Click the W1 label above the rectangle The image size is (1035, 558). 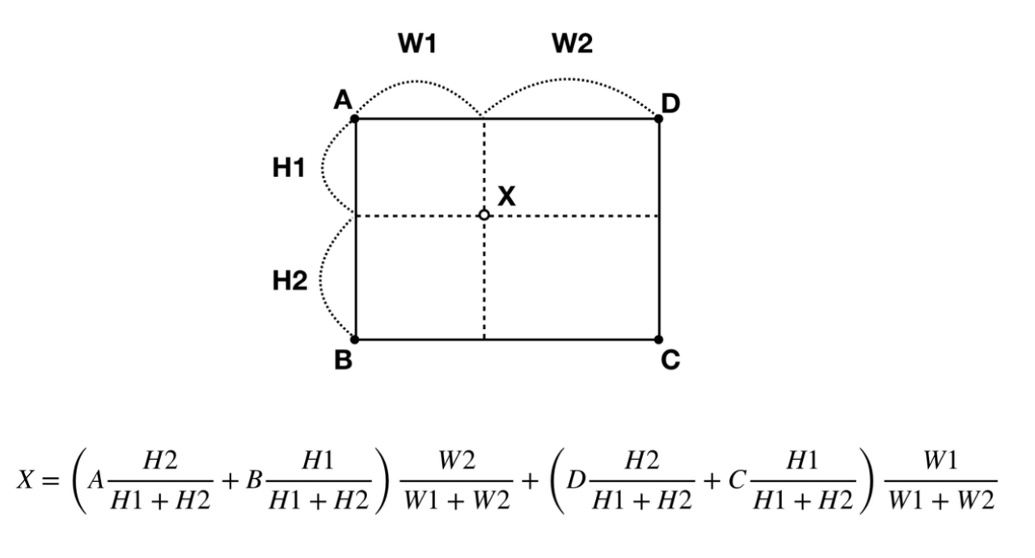coord(416,45)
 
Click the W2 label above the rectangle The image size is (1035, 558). coord(572,45)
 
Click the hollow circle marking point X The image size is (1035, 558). coord(484,215)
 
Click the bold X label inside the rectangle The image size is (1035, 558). coord(506,196)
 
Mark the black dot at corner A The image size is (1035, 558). coord(355,119)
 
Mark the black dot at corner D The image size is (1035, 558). coord(659,119)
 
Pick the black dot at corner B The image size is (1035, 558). coord(355,339)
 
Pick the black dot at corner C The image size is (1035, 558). coord(659,339)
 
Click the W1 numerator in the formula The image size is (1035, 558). coord(941,461)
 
